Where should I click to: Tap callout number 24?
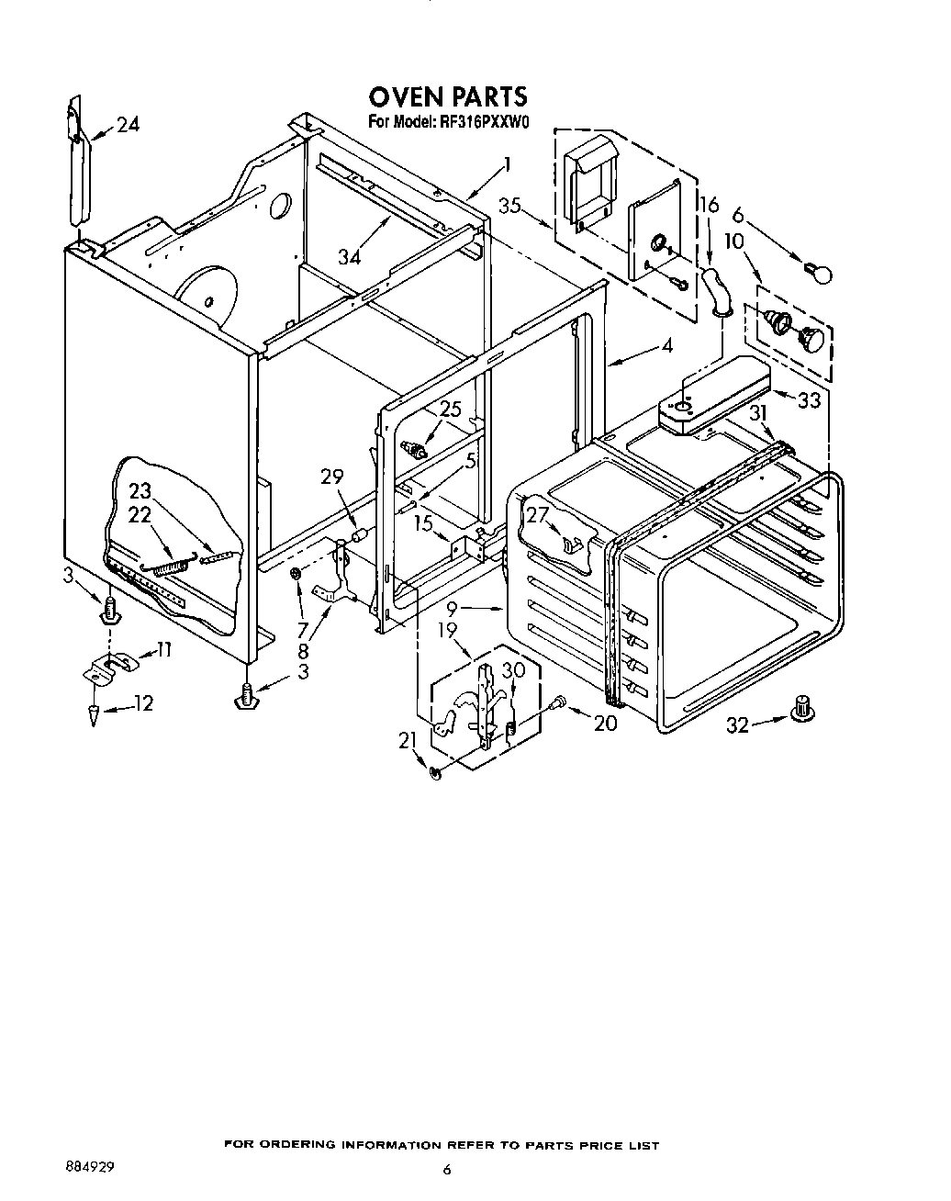[128, 126]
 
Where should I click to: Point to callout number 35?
[510, 207]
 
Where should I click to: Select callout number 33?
[809, 400]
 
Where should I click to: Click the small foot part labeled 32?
[804, 707]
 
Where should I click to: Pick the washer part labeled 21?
[436, 773]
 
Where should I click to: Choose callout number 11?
[164, 650]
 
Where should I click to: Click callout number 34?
[349, 256]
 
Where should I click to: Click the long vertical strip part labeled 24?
[76, 165]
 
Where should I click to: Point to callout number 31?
[757, 414]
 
